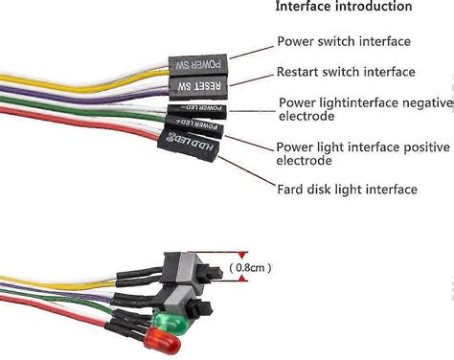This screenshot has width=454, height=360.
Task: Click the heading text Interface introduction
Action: click(x=344, y=8)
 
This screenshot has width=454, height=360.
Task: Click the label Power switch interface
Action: click(x=344, y=41)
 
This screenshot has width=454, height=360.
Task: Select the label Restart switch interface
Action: click(x=346, y=72)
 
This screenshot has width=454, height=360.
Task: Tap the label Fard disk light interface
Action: click(x=347, y=190)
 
